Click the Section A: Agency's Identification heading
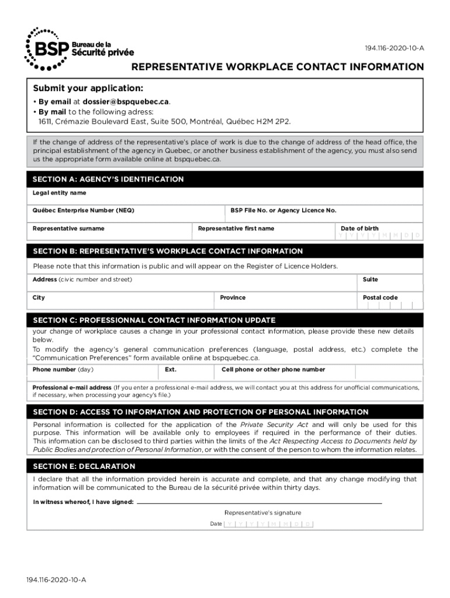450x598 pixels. pos(108,179)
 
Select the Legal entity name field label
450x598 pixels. pos(59,193)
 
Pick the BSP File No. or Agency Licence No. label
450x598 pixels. pos(283,210)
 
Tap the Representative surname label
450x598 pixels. pos(68,228)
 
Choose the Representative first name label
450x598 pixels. pos(236,228)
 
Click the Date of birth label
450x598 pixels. pos(359,228)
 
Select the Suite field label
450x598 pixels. pos(371,280)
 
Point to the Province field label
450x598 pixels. pos(233,298)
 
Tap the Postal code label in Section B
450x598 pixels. pos(380,298)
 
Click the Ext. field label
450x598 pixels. pos(171,370)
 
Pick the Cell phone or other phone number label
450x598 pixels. pos(274,370)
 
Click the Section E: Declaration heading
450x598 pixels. pos(84,467)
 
